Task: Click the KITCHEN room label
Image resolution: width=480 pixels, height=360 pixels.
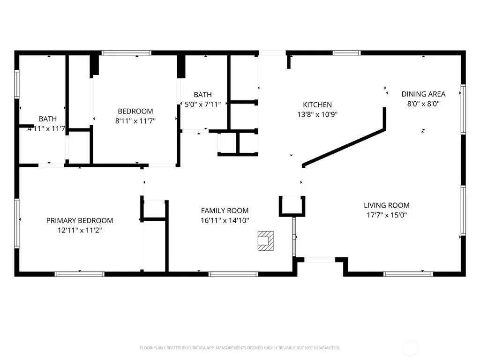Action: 317,105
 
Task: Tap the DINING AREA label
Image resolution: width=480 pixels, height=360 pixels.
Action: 423,94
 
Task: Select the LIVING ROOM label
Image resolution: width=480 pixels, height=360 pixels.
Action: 387,205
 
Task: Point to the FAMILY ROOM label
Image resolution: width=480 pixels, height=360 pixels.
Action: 225,210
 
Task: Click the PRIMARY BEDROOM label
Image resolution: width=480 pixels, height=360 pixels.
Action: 80,220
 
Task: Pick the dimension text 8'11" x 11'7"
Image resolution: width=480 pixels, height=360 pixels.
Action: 135,121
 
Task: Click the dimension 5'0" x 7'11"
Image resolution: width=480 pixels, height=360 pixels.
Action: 202,105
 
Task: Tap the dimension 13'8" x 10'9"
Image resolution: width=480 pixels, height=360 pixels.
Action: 317,114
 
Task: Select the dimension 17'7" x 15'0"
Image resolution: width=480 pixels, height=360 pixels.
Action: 387,215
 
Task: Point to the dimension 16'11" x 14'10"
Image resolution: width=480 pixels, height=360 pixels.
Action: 225,220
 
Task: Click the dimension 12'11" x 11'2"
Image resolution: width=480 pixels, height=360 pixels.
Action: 80,230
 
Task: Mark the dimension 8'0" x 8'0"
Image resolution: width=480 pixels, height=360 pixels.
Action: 423,104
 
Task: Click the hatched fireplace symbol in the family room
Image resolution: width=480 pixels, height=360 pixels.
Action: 265,241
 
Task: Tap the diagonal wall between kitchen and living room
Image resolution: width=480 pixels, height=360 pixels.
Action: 344,148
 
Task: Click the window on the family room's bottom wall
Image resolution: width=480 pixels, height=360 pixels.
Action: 233,274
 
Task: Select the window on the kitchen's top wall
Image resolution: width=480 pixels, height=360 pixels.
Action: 346,53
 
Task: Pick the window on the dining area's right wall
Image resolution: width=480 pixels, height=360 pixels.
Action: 463,109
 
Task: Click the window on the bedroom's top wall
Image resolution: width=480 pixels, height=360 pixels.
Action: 127,53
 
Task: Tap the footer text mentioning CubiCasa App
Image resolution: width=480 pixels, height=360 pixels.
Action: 240,348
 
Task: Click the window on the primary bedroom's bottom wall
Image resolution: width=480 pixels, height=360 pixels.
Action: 80,274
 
